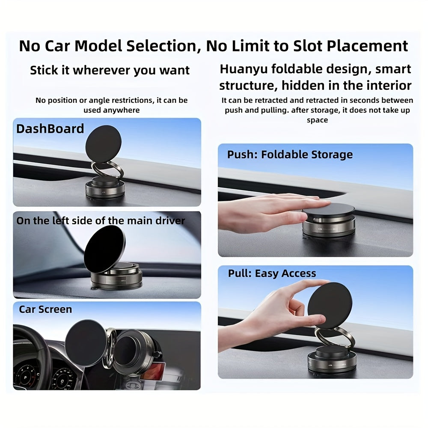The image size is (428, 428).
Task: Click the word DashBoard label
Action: pos(50,129)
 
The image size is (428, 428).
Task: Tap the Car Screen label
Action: pos(45,309)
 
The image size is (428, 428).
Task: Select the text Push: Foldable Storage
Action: pos(290,155)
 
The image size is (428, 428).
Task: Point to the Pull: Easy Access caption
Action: pos(272,273)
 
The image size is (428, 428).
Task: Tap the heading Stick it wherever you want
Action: pos(110,70)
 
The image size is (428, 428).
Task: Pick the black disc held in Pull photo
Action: pos(330,306)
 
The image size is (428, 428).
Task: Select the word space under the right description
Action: pos(317,120)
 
